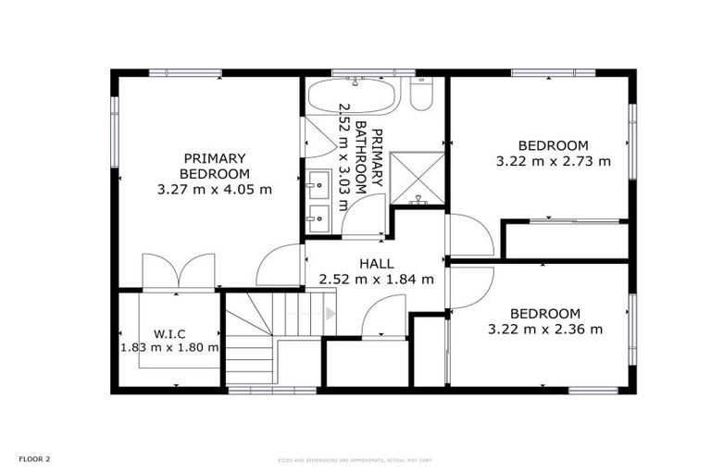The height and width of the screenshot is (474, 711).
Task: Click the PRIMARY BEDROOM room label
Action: click(x=215, y=166)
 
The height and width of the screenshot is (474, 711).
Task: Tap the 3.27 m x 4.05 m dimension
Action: click(x=215, y=190)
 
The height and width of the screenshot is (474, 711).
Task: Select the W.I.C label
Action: click(x=171, y=332)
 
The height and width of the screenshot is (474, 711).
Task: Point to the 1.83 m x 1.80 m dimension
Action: click(x=170, y=348)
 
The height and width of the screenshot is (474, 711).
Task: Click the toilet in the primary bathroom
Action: click(x=421, y=94)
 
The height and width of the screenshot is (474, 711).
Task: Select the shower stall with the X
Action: click(x=417, y=179)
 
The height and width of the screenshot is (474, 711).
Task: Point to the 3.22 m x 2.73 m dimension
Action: click(x=554, y=160)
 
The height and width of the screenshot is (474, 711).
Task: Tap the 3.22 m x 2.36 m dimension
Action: click(x=545, y=329)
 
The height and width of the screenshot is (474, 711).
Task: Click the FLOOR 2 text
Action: click(x=35, y=458)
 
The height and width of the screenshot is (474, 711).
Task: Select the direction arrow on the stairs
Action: click(x=329, y=313)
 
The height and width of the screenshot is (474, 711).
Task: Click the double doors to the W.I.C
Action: click(x=179, y=272)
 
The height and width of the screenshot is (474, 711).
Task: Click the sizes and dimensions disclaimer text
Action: click(x=355, y=459)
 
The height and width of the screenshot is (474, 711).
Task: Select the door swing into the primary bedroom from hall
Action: click(x=281, y=266)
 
